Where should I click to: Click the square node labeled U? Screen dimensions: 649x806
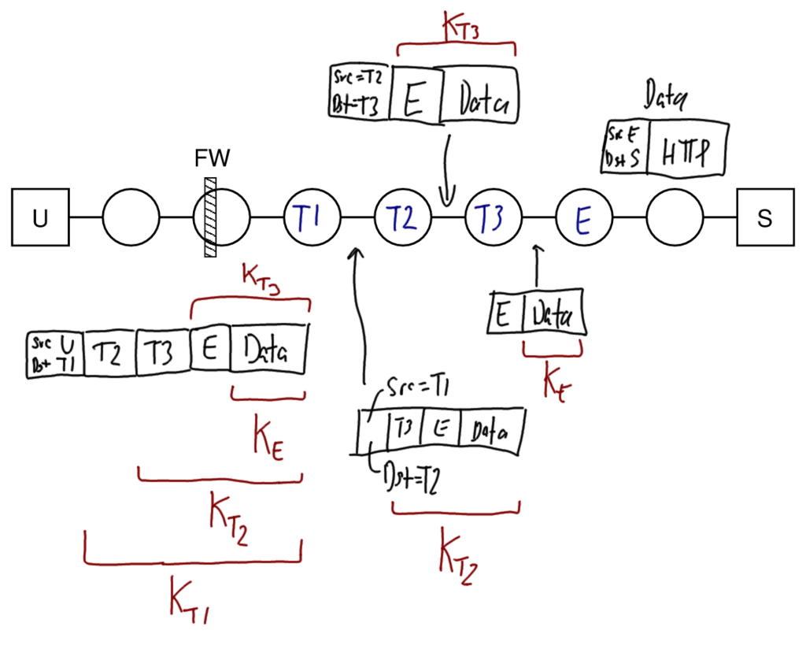point(40,217)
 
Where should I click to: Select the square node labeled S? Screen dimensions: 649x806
point(765,217)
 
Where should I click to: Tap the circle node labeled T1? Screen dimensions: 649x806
point(312,217)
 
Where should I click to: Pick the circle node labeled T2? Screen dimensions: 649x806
point(402,217)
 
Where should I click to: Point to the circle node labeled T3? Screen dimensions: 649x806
point(493,217)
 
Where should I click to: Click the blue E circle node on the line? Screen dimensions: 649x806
point(583,217)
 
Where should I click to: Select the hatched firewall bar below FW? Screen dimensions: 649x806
point(210,217)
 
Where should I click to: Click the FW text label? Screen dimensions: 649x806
point(212,159)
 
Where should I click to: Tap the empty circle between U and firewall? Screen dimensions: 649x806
point(131,217)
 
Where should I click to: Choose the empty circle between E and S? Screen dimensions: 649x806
point(674,217)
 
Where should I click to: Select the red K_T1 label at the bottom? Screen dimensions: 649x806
point(189,602)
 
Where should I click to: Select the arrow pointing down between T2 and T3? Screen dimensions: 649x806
point(447,169)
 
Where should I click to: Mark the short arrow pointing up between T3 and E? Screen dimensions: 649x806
point(537,266)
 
